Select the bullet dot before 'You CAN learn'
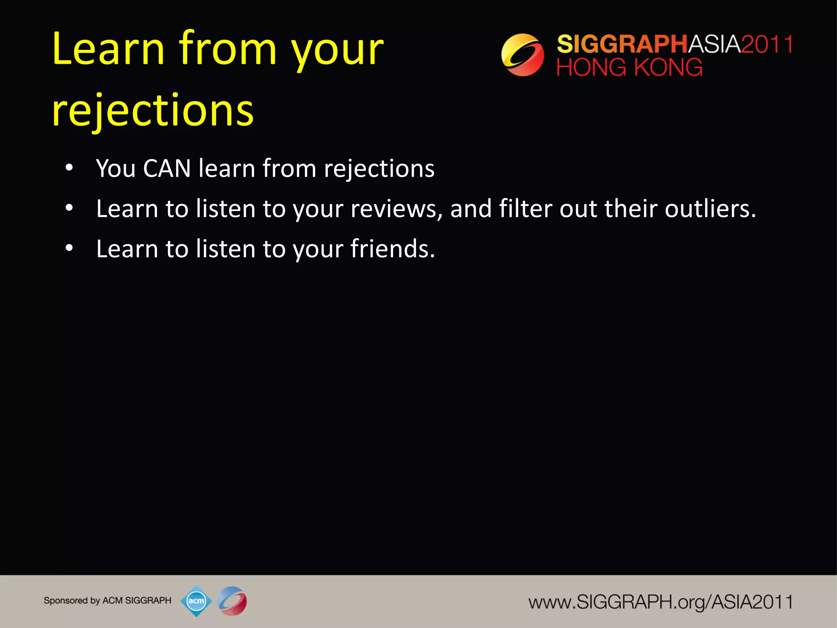tap(69, 168)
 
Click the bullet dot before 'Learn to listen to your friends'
tap(69, 248)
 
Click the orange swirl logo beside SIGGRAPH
tap(522, 55)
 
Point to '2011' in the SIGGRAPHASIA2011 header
tap(767, 44)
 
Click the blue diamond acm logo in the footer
tap(196, 601)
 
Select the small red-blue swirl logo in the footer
tap(232, 601)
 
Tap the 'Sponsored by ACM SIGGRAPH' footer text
tap(107, 601)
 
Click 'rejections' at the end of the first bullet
tap(379, 169)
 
